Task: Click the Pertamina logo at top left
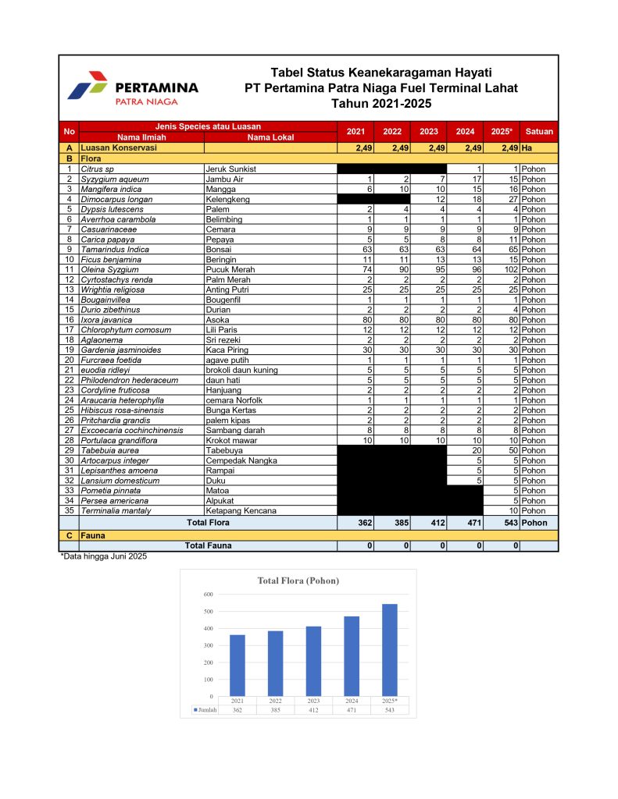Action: pyautogui.click(x=133, y=88)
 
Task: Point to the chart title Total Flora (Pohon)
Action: pyautogui.click(x=298, y=581)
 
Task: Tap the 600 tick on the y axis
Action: pyautogui.click(x=209, y=595)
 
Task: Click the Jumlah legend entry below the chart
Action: pyautogui.click(x=205, y=710)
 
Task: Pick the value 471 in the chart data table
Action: pyautogui.click(x=352, y=710)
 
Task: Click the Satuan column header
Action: pyautogui.click(x=539, y=132)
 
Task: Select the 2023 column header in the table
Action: pyautogui.click(x=428, y=132)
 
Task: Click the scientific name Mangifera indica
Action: pyautogui.click(x=110, y=189)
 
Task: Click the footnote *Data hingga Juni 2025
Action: pyautogui.click(x=104, y=556)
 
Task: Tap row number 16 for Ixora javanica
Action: pyautogui.click(x=69, y=319)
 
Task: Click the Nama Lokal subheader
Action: pyautogui.click(x=270, y=137)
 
